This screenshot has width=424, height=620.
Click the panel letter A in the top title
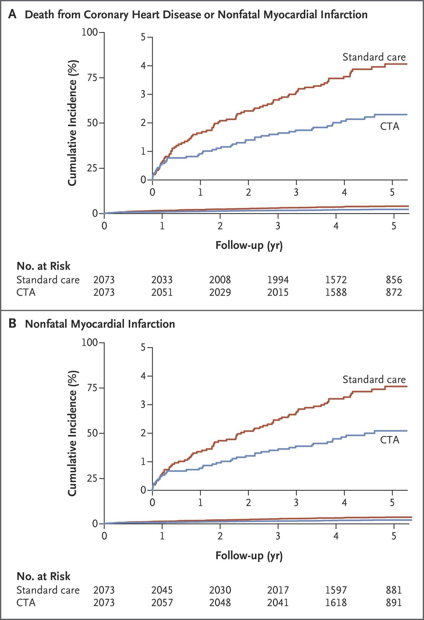tap(12, 14)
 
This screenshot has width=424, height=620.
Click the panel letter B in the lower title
tap(12, 324)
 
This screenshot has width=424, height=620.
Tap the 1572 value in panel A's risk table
tap(336, 280)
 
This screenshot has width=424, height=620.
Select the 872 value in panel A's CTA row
tap(394, 292)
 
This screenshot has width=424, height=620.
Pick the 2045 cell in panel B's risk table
tap(162, 590)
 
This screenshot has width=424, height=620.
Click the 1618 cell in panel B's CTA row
tap(336, 602)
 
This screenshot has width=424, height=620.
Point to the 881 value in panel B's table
tap(394, 590)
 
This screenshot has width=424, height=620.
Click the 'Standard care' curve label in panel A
tap(374, 57)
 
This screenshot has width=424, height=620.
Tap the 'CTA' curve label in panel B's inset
tap(390, 440)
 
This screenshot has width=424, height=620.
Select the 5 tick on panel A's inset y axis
tap(143, 37)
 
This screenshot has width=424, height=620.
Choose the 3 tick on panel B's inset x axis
tap(296, 502)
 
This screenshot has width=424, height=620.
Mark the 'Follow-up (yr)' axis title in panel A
tap(249, 245)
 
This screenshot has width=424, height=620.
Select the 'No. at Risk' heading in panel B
tap(43, 576)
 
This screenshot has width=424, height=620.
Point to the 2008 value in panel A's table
tap(220, 280)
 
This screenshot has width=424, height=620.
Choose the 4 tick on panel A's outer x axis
tap(336, 225)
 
